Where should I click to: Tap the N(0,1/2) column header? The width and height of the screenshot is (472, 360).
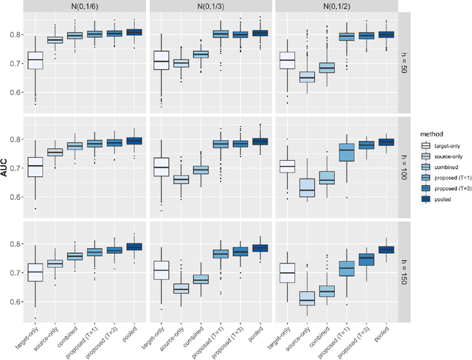coord(335,7)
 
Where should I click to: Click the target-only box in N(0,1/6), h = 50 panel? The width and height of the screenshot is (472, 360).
coord(35,60)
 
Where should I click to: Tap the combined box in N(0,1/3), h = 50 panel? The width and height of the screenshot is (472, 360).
coord(200,54)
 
